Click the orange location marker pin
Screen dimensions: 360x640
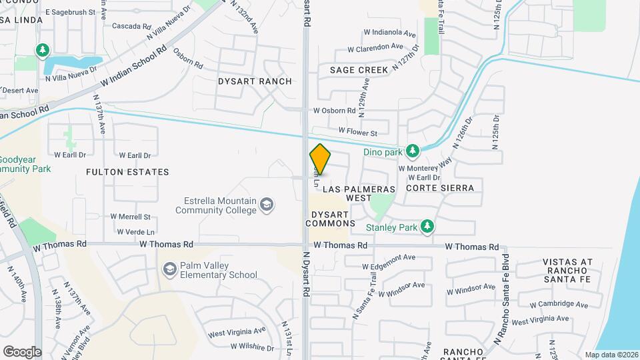[320, 160]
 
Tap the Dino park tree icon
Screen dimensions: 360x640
[413, 151]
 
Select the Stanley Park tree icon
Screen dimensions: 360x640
[427, 227]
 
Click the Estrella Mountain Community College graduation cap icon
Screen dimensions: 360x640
[267, 205]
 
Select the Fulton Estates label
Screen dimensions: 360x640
[127, 172]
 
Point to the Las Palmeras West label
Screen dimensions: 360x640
[357, 193]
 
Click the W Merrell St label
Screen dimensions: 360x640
[131, 217]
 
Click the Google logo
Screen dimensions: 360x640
[22, 351]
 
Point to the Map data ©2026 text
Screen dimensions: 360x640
[611, 355]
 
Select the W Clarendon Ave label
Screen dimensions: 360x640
[376, 47]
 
